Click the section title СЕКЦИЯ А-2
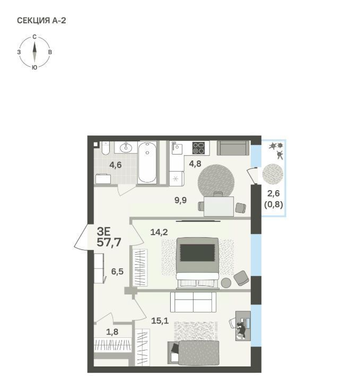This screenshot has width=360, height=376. [41, 21]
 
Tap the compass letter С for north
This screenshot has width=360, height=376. [34, 37]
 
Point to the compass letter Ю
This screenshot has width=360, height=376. [34, 68]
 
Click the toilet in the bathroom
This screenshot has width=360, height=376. [106, 148]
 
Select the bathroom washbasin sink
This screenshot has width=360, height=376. [126, 147]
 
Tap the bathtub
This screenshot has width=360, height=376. [147, 163]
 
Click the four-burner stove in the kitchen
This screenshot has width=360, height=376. [199, 148]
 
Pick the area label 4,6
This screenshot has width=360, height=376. [116, 165]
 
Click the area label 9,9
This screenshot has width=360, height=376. [180, 200]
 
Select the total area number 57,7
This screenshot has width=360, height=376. [109, 243]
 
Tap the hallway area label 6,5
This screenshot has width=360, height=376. [117, 272]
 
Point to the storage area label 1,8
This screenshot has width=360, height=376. [112, 332]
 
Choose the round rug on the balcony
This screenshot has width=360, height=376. [273, 174]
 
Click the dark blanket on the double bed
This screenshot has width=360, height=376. [197, 253]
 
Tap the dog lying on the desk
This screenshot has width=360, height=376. [241, 330]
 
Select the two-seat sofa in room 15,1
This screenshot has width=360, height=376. [193, 302]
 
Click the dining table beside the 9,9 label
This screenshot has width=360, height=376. [218, 206]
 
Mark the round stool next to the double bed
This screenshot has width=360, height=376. [226, 283]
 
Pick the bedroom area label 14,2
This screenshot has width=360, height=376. [159, 232]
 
